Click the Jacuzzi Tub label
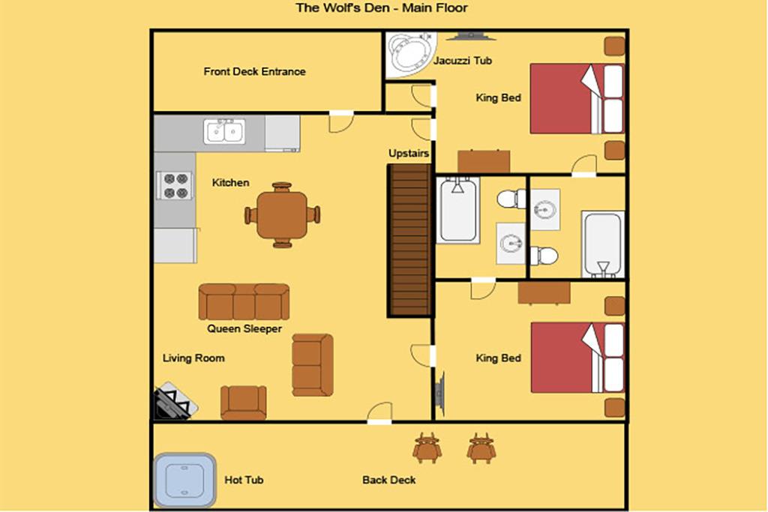coord(462,61)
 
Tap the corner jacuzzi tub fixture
coord(410,55)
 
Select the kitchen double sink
coord(225,131)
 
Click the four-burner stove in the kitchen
coord(174,185)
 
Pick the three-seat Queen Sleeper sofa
coord(244,301)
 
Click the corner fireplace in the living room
coord(175,401)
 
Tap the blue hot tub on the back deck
coord(184,480)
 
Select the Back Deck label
coord(389,481)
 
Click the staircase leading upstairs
coord(409,241)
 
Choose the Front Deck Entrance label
coord(255,71)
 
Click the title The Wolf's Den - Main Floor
coord(382,7)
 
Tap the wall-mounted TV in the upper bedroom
coord(470,36)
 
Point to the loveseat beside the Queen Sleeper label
coord(313,364)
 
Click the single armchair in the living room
coord(244,403)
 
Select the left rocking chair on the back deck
coord(427,448)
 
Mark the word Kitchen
coord(231,183)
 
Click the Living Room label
coord(193,358)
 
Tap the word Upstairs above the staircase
coord(409,153)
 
